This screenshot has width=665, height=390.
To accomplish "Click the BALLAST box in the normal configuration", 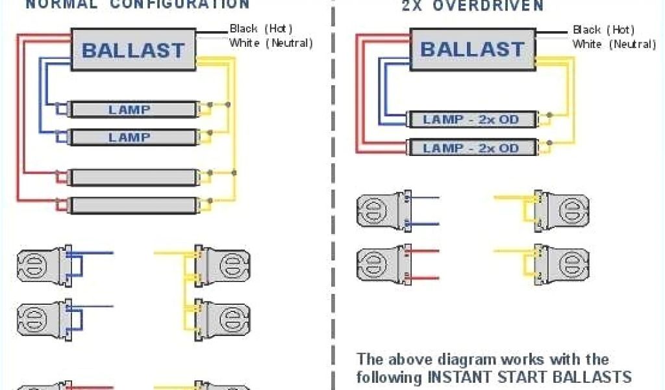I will coord(133,49).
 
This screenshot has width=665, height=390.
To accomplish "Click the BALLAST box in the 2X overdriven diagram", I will coord(472,49).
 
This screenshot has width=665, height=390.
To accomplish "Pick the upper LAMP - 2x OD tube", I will coord(472,120).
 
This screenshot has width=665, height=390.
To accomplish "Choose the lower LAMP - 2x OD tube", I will coord(472,148).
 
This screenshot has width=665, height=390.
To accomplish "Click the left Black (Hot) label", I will coord(261,29).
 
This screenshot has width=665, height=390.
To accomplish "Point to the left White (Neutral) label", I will coord(271,43).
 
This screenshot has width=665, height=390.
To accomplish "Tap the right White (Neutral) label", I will coord(614,44).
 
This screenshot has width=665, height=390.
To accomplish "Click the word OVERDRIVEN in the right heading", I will coord(499,6).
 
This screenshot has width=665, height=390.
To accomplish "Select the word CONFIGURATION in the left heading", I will coord(179,4).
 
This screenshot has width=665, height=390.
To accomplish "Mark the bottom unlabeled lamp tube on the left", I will coord(133,205).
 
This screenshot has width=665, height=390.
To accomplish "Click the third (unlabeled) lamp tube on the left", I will coord(133,177).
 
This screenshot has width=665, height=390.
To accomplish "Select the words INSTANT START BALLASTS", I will coord(529,376).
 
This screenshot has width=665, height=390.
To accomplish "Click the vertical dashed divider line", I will coord(333,195).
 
